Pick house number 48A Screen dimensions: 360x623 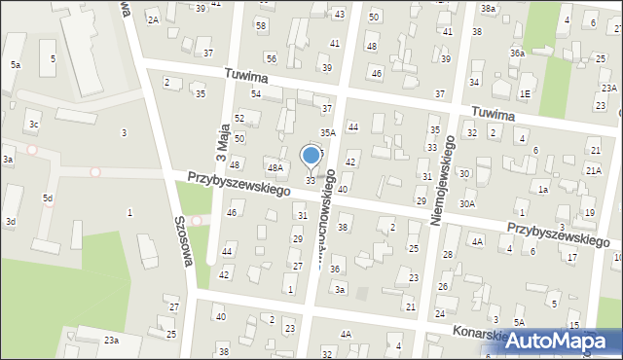click(275, 168)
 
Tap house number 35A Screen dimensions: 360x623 click(328, 131)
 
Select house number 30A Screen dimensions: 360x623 click(467, 204)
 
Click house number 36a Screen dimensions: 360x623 click(516, 54)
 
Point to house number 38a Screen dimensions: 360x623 click(488, 9)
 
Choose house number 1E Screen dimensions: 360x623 click(525, 93)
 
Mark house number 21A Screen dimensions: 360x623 click(594, 170)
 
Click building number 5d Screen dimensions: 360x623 click(47, 198)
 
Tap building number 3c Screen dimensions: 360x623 click(33, 125)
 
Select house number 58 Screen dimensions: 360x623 click(261, 25)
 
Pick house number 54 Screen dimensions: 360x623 click(255, 93)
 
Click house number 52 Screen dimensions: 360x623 click(239, 118)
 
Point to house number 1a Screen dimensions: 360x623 click(543, 189)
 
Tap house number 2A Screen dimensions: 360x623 click(153, 19)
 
